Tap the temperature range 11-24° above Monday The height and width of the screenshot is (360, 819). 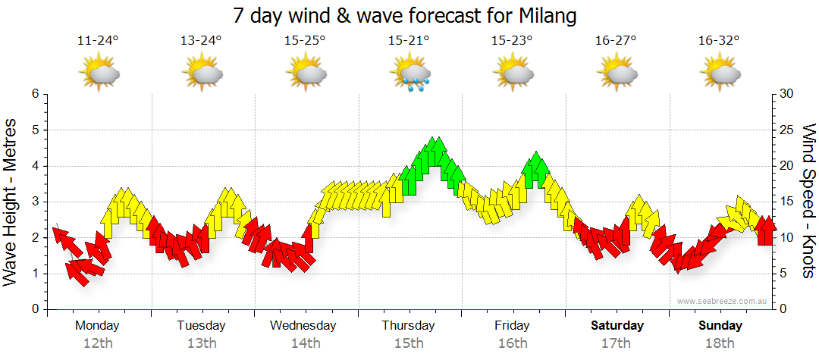tap(98, 41)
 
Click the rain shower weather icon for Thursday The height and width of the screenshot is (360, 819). tap(410, 74)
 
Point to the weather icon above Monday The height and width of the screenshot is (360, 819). tap(99, 74)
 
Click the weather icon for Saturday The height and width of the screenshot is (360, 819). tap(617, 74)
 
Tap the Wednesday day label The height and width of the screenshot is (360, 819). tap(303, 326)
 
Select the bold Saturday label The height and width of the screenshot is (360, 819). tap(617, 326)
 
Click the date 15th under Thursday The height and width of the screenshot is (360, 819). tap(409, 343)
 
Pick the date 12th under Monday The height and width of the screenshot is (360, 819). tap(98, 343)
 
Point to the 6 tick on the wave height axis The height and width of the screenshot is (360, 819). tap(34, 94)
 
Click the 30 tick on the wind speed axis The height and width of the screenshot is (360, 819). tap(786, 94)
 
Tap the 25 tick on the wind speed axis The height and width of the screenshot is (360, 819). tap(786, 130)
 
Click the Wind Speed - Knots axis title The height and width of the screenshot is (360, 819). tap(807, 201)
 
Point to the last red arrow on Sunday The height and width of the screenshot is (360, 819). tap(767, 230)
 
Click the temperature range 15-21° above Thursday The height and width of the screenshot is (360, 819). tap(409, 41)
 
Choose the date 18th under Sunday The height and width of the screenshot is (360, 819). tap(720, 343)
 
